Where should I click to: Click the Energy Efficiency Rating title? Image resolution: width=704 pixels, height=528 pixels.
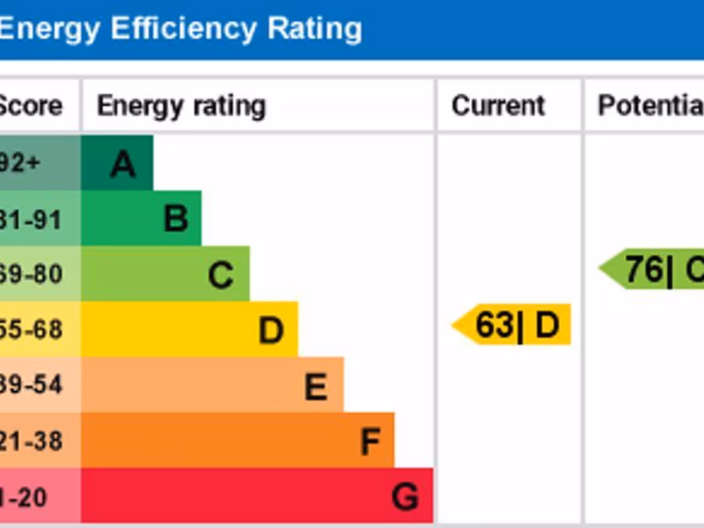180,30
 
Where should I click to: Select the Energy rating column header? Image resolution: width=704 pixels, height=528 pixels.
181,106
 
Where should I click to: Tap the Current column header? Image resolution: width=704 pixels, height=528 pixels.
498,106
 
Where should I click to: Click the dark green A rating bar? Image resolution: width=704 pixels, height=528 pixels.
117,163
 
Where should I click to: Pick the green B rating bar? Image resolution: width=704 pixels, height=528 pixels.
141,219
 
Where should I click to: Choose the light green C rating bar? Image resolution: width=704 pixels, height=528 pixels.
165,274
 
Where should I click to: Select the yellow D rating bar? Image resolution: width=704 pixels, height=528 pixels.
189,329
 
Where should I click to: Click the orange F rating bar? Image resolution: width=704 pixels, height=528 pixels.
237,440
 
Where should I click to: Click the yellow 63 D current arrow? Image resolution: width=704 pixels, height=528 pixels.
513,324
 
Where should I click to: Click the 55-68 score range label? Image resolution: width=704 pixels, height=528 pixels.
31,330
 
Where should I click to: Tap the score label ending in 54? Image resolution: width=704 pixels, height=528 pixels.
31,385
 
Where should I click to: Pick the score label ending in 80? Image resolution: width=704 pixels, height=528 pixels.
31,274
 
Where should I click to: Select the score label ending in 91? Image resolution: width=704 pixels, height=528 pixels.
31,219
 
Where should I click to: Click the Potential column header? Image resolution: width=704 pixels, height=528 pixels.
650,106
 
